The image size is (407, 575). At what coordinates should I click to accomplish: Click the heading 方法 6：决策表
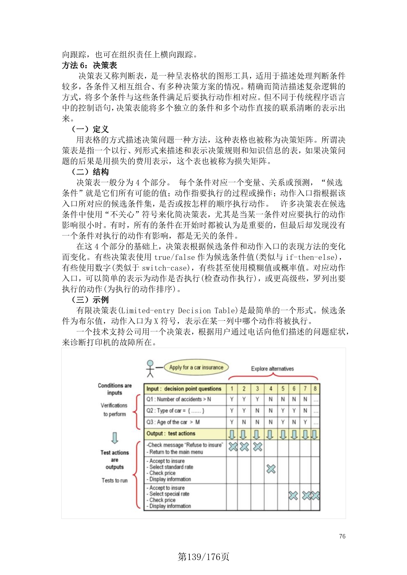(90, 65)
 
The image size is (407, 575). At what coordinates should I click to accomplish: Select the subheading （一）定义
(90, 129)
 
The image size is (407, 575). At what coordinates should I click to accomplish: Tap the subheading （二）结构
(90, 172)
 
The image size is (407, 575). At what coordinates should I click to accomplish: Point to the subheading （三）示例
(90, 300)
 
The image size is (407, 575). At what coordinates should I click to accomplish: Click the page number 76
(342, 536)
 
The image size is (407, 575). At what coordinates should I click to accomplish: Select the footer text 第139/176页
(203, 557)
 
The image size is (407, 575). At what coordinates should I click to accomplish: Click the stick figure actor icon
(150, 368)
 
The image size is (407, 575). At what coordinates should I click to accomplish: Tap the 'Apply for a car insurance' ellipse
(196, 367)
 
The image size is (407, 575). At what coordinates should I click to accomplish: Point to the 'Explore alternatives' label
(272, 369)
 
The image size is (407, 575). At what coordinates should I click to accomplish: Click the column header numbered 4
(271, 389)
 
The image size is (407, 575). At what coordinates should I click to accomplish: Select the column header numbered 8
(315, 389)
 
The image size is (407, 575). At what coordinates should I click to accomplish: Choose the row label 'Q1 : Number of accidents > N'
(179, 399)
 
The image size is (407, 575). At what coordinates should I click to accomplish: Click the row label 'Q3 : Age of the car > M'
(173, 422)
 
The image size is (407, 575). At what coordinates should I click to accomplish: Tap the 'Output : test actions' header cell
(171, 434)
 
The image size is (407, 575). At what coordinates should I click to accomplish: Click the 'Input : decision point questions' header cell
(184, 389)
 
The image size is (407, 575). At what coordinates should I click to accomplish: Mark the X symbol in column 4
(271, 469)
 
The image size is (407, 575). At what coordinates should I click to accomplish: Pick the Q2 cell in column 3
(257, 411)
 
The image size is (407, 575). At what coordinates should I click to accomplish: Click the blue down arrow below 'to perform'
(115, 438)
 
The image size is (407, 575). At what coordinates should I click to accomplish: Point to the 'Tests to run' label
(115, 480)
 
